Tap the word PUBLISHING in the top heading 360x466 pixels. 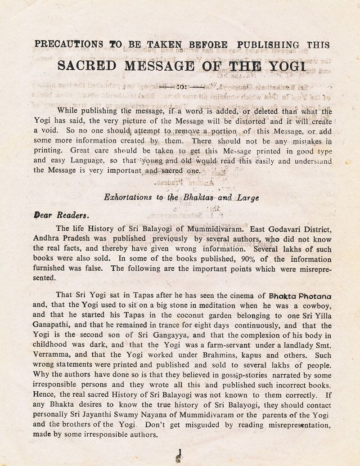(268, 45)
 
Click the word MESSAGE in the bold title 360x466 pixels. (160, 66)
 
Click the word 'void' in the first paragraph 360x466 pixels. (45, 131)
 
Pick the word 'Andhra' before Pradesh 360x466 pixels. (46, 239)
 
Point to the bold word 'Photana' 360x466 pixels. (313, 296)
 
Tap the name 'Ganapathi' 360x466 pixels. (52, 326)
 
